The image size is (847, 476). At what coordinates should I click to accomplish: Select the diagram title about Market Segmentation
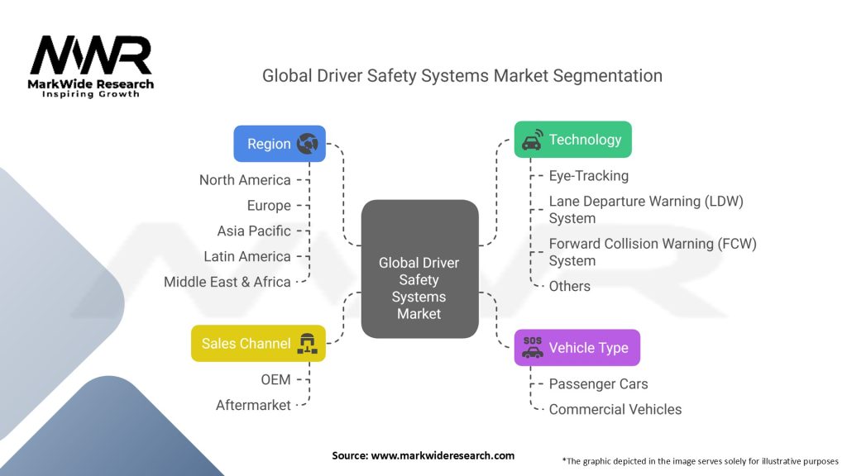point(462,76)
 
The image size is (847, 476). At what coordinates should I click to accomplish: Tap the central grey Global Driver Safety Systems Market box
point(419,269)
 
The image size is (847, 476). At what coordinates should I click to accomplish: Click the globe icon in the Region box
point(308,144)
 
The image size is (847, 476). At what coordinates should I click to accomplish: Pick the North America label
point(245,180)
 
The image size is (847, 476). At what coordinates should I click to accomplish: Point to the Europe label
point(269,206)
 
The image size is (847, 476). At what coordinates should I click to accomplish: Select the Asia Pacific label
point(254,231)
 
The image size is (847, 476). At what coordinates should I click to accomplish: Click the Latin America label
point(247,257)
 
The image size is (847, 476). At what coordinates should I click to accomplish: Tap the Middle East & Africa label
point(227,282)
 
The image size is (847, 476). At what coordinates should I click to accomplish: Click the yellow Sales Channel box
point(258,343)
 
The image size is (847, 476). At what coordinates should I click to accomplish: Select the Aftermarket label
point(253,405)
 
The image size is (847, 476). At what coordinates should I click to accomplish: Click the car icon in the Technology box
point(531,140)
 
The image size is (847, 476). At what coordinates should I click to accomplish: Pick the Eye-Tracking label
point(588,176)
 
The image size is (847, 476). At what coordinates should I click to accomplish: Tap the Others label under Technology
point(569,286)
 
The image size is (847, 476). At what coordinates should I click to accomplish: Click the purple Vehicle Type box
point(577,347)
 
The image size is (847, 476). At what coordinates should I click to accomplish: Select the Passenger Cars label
point(598,383)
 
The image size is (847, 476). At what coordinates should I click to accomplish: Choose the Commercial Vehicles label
point(615,409)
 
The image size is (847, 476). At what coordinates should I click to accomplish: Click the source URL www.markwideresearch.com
point(442,455)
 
